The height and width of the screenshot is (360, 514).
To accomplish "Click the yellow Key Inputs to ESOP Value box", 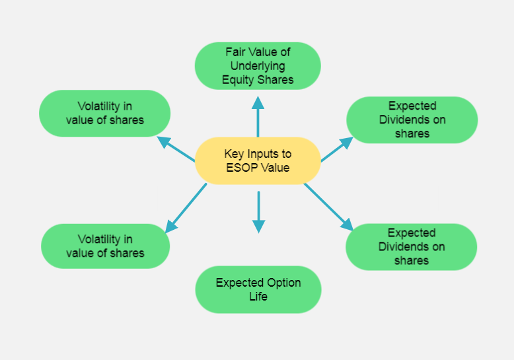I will pos(258,161).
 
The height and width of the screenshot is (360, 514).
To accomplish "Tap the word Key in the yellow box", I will pos(233,154).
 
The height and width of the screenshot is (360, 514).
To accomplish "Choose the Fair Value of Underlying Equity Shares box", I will pos(258,66).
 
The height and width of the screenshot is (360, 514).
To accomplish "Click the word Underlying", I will pos(258,66).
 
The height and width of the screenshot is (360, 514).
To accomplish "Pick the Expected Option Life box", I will pos(258,289).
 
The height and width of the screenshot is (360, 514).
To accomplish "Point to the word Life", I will pos(258,297).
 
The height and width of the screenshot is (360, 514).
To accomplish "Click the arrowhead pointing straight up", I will pos(258,103).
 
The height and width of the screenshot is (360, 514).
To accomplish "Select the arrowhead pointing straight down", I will pos(258,225).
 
